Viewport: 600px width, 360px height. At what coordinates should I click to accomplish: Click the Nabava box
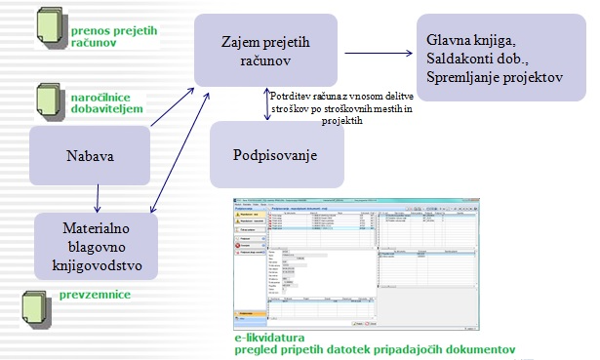88,156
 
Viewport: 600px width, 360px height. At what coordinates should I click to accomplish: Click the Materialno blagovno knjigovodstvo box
97,247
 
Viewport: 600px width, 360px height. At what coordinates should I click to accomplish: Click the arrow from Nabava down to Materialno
97,200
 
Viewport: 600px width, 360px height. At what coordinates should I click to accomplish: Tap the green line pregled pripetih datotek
375,347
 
